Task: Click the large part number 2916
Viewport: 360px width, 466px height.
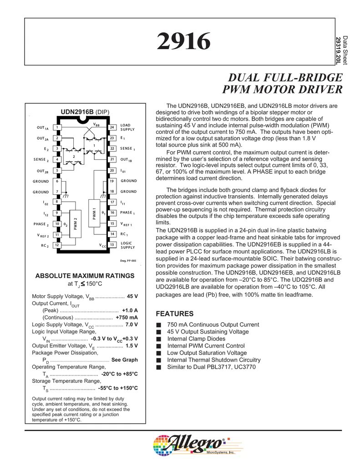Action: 184,42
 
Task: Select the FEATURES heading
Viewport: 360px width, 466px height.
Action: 174,314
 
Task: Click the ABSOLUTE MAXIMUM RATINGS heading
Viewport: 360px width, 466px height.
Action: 85,276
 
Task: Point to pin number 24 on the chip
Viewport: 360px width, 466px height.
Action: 112,127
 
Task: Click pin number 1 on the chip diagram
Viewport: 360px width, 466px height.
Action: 57,127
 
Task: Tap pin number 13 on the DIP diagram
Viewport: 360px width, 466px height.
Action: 112,245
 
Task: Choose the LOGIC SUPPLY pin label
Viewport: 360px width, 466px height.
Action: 128,245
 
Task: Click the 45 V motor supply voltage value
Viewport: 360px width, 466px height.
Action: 132,296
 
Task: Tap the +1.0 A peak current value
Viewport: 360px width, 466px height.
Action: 130,310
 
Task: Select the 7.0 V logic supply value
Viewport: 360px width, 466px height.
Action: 131,324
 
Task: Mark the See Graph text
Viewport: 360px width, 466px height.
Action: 124,360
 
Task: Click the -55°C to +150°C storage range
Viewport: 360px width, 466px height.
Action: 118,388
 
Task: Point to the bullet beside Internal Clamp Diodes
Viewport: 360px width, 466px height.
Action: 158,339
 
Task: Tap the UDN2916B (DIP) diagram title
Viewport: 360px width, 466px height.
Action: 85,111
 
